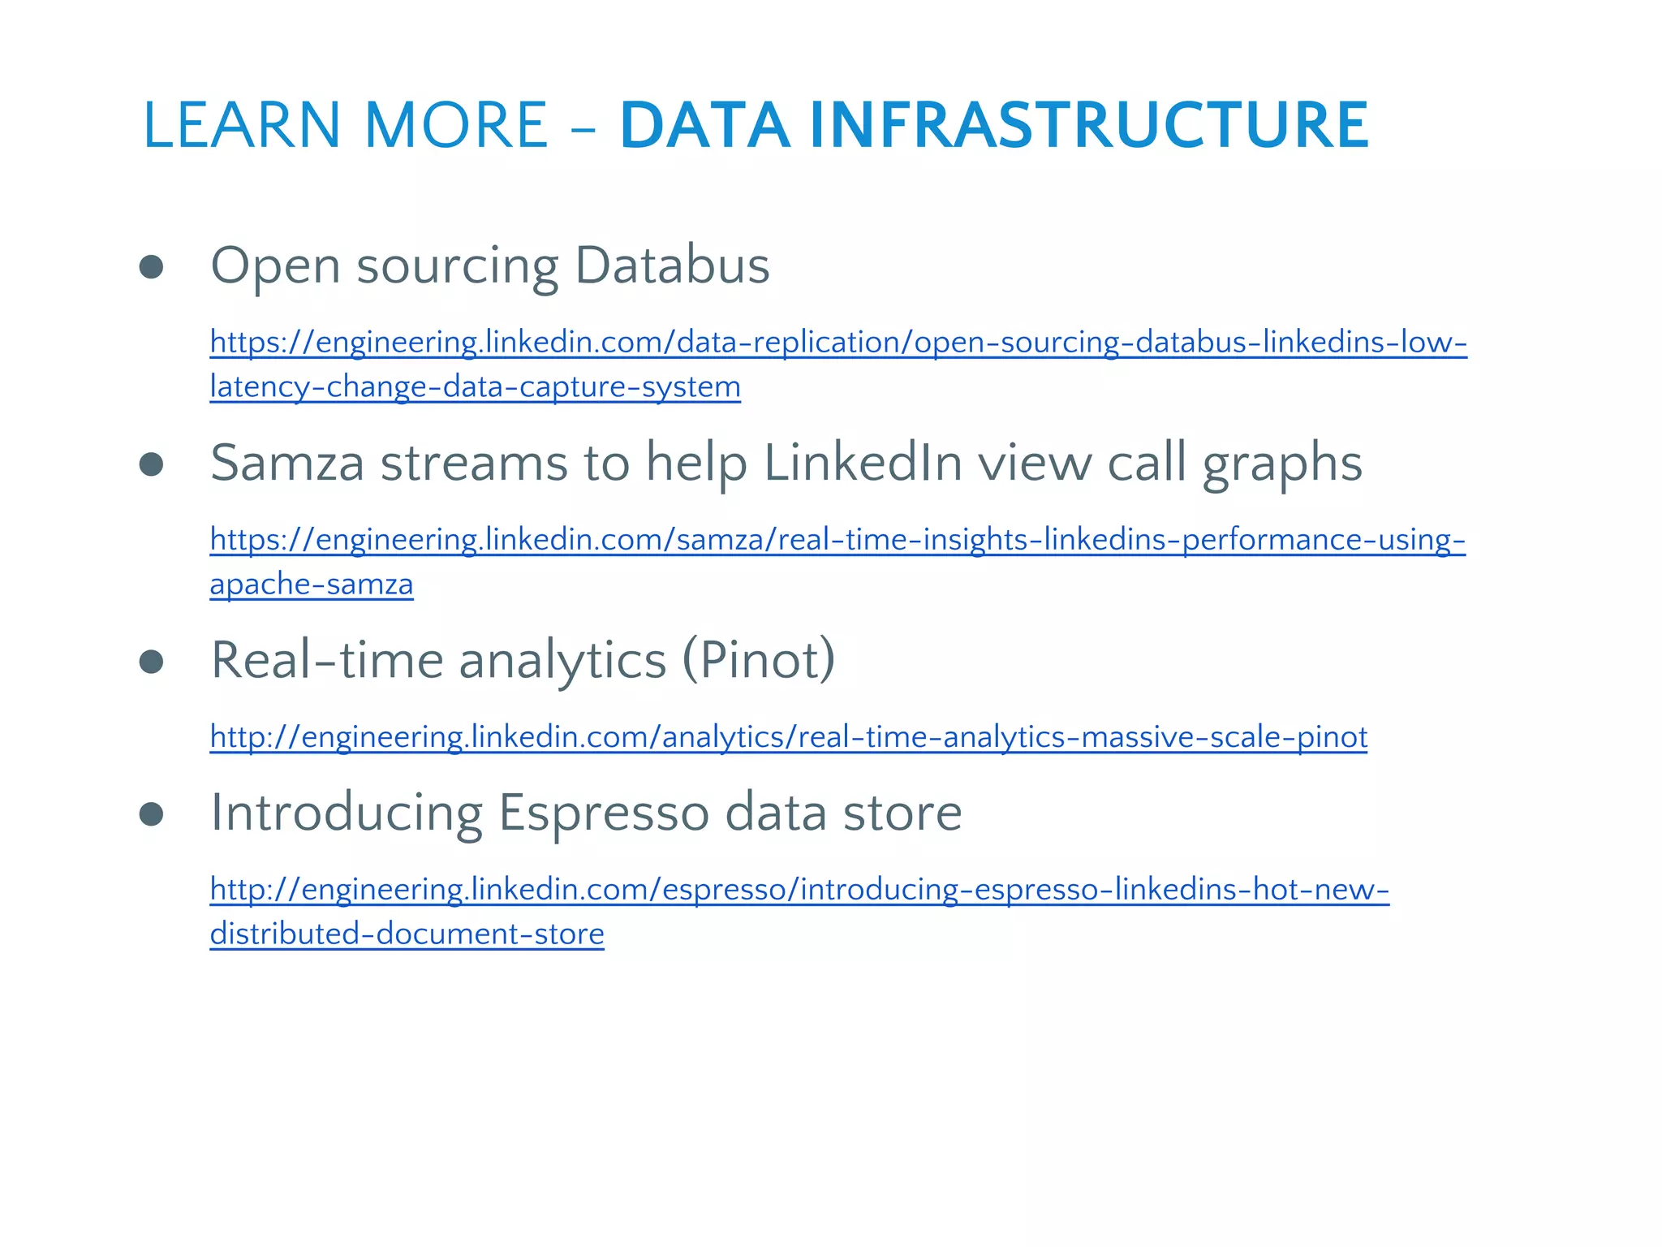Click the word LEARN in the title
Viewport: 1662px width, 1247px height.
pyautogui.click(x=242, y=125)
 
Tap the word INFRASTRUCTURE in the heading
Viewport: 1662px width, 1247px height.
pyautogui.click(x=1089, y=125)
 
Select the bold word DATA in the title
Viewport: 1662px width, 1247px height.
pyautogui.click(x=704, y=125)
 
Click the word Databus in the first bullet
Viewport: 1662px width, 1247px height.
pyautogui.click(x=672, y=265)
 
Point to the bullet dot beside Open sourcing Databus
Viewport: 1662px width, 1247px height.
pyautogui.click(x=152, y=267)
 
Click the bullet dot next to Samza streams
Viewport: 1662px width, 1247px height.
pyautogui.click(x=152, y=464)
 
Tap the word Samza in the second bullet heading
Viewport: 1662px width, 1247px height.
pyautogui.click(x=286, y=463)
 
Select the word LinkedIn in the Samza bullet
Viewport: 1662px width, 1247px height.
pyautogui.click(x=863, y=463)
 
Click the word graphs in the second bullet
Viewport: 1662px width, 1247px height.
pyautogui.click(x=1281, y=464)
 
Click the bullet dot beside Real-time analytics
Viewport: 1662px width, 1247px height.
pyautogui.click(x=152, y=662)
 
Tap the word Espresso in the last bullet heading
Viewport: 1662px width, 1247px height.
pyautogui.click(x=603, y=813)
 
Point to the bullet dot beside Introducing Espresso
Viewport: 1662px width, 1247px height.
pyautogui.click(x=152, y=813)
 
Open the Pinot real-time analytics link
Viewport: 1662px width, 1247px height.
pyautogui.click(x=788, y=737)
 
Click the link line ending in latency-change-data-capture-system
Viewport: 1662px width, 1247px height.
pyautogui.click(x=475, y=386)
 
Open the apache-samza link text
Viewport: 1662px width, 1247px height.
pyautogui.click(x=312, y=585)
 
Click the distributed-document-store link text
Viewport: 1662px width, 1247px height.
pyautogui.click(x=407, y=934)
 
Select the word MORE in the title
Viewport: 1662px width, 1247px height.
pyautogui.click(x=456, y=125)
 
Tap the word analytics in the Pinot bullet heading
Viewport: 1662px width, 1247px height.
pyautogui.click(x=562, y=661)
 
